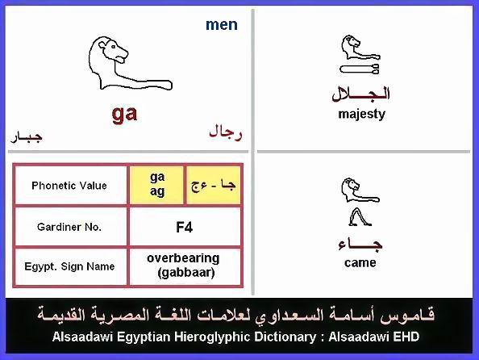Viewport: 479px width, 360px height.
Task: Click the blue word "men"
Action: click(222, 25)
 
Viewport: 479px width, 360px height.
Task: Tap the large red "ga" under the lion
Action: click(124, 114)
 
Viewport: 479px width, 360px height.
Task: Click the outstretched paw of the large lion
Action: click(165, 85)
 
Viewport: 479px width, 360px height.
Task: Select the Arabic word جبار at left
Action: click(27, 136)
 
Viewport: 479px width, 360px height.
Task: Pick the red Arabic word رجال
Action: click(226, 133)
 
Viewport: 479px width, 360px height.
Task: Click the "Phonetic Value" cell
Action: click(69, 186)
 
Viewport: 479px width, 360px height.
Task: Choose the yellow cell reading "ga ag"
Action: click(157, 185)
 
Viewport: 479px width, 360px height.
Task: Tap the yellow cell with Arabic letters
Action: click(213, 185)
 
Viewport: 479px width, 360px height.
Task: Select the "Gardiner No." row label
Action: click(69, 227)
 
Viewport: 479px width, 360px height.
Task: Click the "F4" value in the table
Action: click(184, 228)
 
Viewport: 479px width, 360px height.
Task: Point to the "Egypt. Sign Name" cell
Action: click(69, 266)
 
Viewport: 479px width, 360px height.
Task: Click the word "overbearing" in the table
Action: click(183, 258)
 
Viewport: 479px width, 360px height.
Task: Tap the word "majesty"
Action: click(362, 115)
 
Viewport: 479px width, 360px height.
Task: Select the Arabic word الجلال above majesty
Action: click(360, 94)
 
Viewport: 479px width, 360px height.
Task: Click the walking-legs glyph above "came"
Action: click(360, 217)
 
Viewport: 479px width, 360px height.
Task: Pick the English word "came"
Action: click(360, 263)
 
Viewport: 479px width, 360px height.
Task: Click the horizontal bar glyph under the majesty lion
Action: click(360, 69)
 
